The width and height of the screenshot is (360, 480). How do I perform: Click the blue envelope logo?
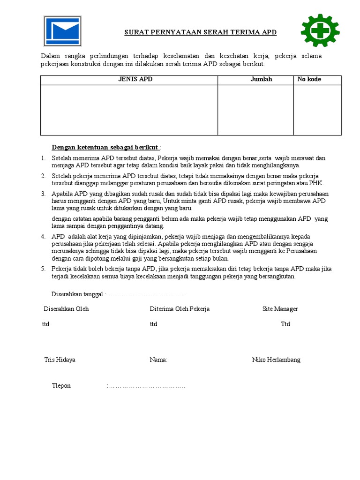tap(63, 31)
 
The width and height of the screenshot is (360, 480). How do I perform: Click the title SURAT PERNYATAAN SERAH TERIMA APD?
tap(200, 32)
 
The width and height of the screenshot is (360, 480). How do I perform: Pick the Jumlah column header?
tap(261, 80)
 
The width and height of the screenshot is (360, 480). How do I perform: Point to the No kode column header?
tap(309, 80)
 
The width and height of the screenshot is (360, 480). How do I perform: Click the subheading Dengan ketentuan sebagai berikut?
tap(106, 148)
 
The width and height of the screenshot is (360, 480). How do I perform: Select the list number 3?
tap(43, 194)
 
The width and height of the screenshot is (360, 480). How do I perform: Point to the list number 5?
tap(43, 269)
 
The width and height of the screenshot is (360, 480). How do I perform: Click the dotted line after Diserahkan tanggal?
tap(146, 294)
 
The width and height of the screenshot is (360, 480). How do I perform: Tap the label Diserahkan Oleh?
tap(66, 309)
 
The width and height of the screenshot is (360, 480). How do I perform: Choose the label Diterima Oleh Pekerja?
tap(180, 309)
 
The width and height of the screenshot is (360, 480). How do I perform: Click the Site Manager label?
tap(280, 309)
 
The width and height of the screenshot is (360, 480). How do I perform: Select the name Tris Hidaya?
tap(60, 360)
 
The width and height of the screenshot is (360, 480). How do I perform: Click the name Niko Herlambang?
tap(276, 360)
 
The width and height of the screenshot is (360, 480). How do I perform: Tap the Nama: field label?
tap(158, 360)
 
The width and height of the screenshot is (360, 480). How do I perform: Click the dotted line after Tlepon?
tap(146, 386)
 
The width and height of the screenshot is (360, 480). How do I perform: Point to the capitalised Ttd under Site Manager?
tap(285, 324)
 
